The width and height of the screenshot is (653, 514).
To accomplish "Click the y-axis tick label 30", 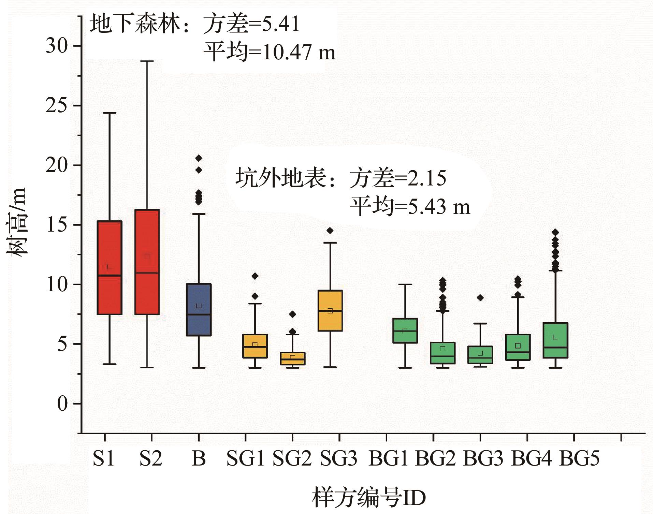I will click(x=57, y=46).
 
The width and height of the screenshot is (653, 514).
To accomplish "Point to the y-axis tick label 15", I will click(x=57, y=225).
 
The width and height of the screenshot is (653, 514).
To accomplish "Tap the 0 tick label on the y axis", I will click(x=62, y=404).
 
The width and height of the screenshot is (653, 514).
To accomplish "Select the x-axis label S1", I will click(x=104, y=459).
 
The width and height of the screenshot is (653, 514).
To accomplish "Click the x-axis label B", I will click(x=199, y=459).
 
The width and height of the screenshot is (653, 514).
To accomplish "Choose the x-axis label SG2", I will click(x=292, y=459).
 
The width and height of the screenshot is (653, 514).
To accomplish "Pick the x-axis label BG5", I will click(x=579, y=459).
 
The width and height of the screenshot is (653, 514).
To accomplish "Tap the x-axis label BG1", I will click(x=388, y=459).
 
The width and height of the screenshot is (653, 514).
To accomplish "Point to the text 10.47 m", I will click(x=299, y=53).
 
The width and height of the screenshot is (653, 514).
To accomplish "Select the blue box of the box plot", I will click(x=199, y=309).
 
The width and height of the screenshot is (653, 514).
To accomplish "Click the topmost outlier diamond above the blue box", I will click(x=199, y=158).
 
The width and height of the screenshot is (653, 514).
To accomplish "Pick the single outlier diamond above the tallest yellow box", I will click(x=330, y=231).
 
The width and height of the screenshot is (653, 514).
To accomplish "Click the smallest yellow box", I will click(x=292, y=358).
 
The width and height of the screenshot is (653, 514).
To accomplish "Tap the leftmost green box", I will click(x=405, y=331).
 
